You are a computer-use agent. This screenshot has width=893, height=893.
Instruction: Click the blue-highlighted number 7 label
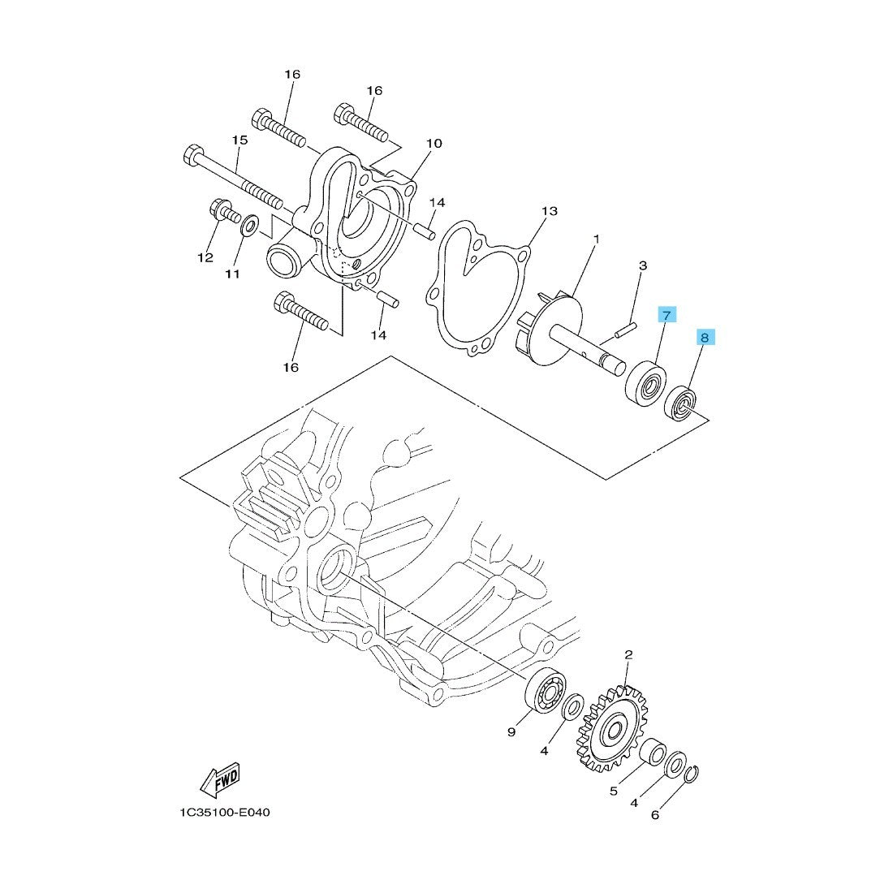pos(667,315)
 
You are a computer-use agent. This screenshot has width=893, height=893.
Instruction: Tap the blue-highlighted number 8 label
pos(705,338)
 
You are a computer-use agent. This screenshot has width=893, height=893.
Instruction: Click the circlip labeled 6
pos(692,775)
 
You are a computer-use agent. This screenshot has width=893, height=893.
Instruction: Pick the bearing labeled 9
pos(546,691)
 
